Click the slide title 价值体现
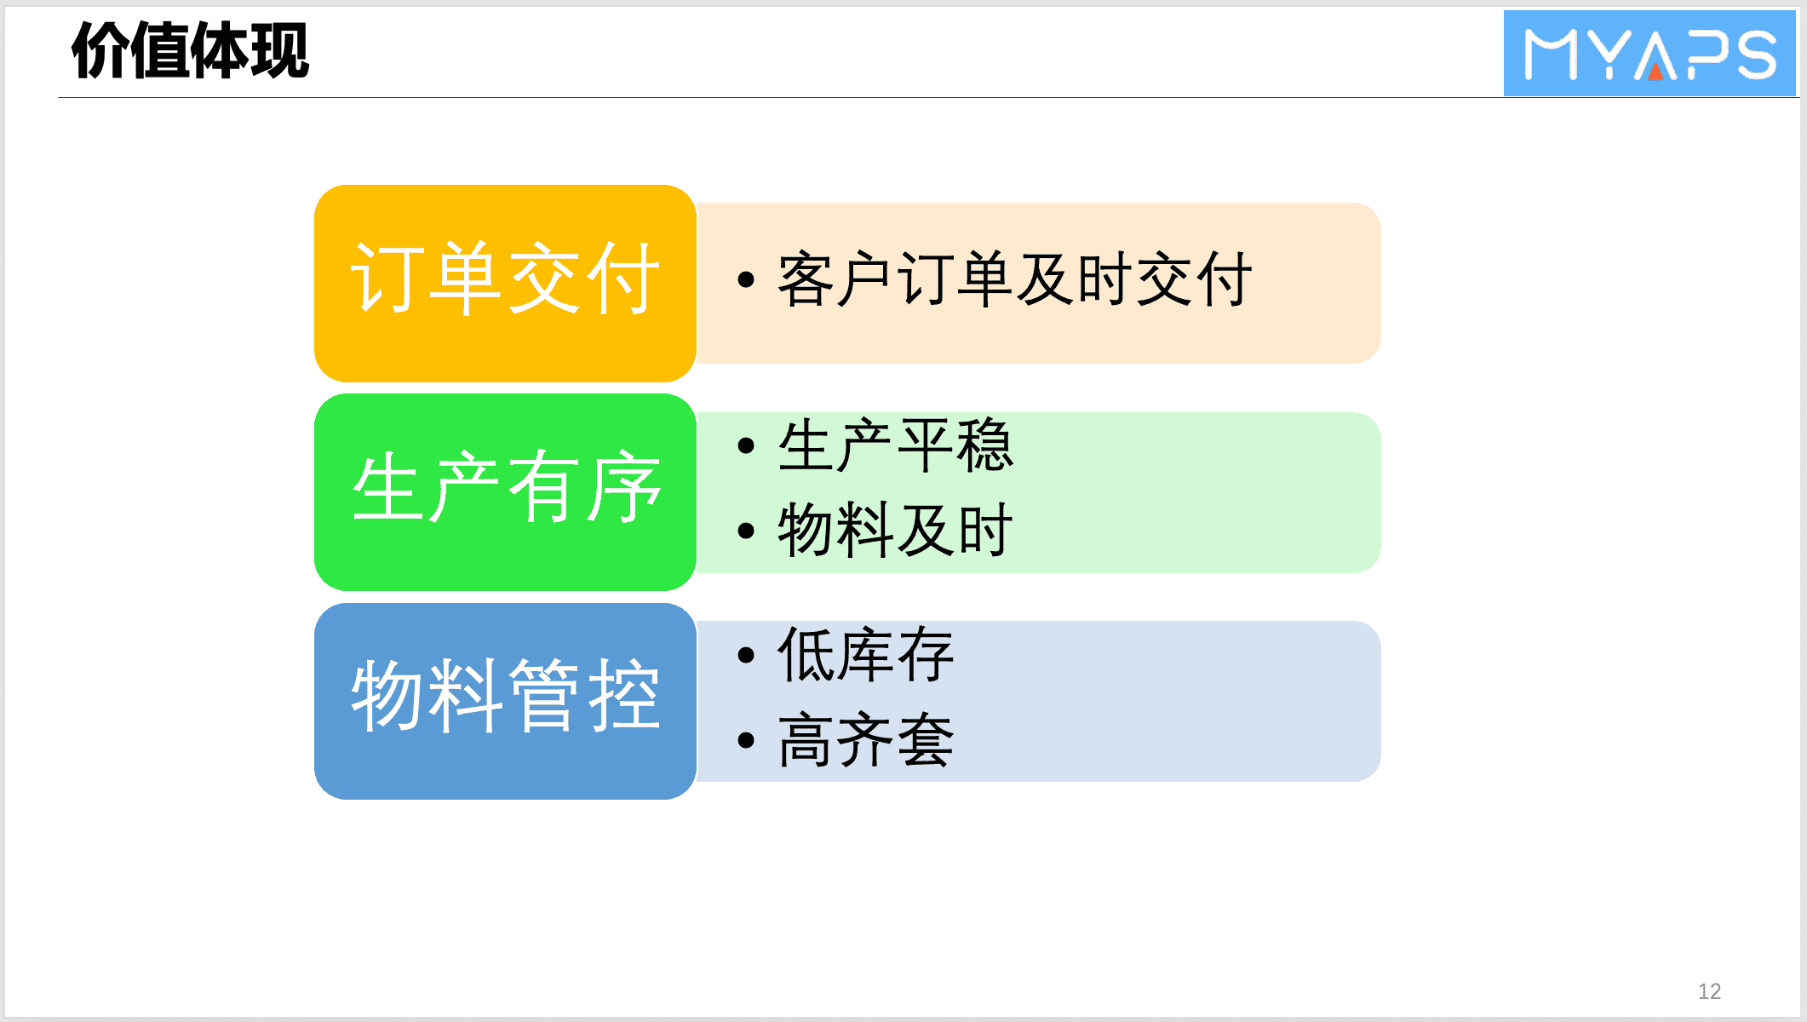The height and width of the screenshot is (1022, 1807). click(190, 51)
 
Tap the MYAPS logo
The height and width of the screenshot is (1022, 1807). click(1649, 53)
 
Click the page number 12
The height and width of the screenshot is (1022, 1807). click(1709, 991)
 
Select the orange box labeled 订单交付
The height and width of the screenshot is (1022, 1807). click(506, 284)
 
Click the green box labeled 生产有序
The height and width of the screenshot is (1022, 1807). click(506, 492)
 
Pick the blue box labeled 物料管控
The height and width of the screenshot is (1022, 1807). click(506, 701)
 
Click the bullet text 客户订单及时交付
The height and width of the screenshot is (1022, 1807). click(1014, 279)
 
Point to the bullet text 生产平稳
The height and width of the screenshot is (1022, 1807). click(895, 445)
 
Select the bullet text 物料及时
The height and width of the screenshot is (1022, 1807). click(895, 530)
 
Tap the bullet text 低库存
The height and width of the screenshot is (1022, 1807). click(865, 654)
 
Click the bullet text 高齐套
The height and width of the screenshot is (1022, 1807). click(865, 739)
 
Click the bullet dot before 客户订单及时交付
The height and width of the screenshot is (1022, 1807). click(747, 279)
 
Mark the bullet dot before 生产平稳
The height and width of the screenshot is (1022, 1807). click(747, 445)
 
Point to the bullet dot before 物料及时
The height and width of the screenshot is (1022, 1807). click(747, 531)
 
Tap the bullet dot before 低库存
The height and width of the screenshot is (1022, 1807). click(747, 655)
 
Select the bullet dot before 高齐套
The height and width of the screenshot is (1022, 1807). click(747, 739)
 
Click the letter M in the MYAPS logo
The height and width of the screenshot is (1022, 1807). click(1552, 55)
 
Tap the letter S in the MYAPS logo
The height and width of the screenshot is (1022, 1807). click(1751, 55)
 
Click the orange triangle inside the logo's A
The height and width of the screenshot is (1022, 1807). click(1655, 72)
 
